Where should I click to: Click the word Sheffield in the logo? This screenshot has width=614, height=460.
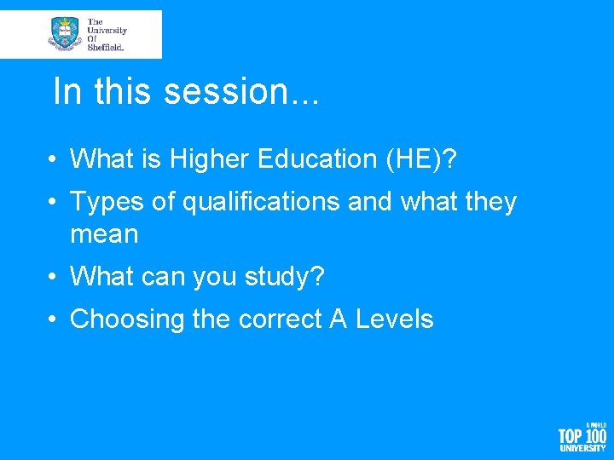click(x=107, y=48)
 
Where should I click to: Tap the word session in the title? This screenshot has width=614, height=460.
click(x=229, y=92)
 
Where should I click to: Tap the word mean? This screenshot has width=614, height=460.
click(x=104, y=233)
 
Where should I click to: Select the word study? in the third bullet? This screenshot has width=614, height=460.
click(x=289, y=277)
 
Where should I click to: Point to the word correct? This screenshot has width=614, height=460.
click(x=278, y=319)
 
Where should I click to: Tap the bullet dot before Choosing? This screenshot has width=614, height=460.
click(x=53, y=319)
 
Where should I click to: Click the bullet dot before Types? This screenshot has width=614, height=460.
click(x=53, y=202)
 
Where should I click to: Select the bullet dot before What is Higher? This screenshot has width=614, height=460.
click(x=53, y=158)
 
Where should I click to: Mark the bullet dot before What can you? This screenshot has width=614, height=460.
click(x=53, y=277)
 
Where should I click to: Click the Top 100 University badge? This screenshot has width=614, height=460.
click(x=582, y=436)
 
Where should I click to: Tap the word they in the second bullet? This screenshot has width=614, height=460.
click(x=488, y=202)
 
